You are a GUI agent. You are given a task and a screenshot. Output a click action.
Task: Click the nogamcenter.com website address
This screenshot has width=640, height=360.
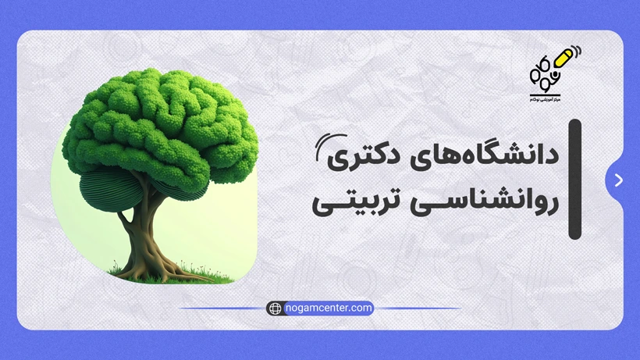click(x=328, y=308)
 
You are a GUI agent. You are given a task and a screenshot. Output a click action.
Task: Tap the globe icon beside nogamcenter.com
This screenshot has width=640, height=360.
click(x=275, y=308)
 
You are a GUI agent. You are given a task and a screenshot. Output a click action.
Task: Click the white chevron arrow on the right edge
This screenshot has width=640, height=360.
click(x=619, y=180)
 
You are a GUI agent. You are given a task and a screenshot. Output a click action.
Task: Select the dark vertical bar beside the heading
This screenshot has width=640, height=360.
click(x=574, y=179)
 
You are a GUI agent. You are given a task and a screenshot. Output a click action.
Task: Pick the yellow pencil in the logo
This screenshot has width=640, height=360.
click(x=562, y=60)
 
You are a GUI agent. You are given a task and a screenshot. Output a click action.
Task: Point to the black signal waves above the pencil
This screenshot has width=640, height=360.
click(x=578, y=52)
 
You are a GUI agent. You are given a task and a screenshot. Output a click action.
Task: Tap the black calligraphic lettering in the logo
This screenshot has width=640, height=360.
click(x=543, y=74)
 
